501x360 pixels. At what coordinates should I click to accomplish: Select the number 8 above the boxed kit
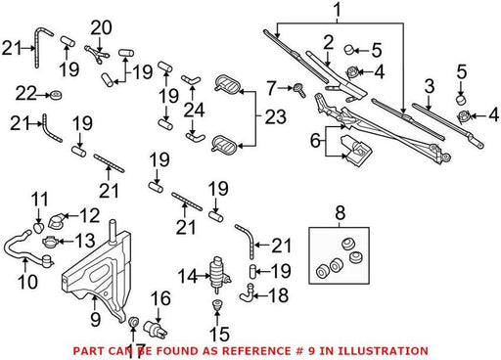point(340,213)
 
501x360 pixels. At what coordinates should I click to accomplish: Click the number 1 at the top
point(338,10)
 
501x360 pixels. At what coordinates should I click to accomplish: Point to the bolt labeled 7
point(299,90)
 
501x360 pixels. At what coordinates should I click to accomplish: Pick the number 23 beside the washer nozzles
point(276,116)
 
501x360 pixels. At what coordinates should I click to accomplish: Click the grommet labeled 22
point(57,95)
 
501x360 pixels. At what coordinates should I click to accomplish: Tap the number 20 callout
point(102,28)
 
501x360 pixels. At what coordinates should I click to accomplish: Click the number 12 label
point(89,215)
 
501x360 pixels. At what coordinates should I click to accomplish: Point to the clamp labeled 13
point(50,242)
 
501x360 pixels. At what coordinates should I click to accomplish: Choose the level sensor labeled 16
point(157,328)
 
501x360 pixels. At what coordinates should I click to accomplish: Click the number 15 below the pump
point(220,334)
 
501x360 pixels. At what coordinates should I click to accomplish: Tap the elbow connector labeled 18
point(248,292)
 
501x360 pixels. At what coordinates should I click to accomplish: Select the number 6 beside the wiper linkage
point(315,140)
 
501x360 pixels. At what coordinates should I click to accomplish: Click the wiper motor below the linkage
point(356,151)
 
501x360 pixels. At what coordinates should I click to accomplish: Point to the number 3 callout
point(430,86)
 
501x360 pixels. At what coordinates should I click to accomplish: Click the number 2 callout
point(329,43)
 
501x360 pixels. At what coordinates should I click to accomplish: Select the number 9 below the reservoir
point(95,319)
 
